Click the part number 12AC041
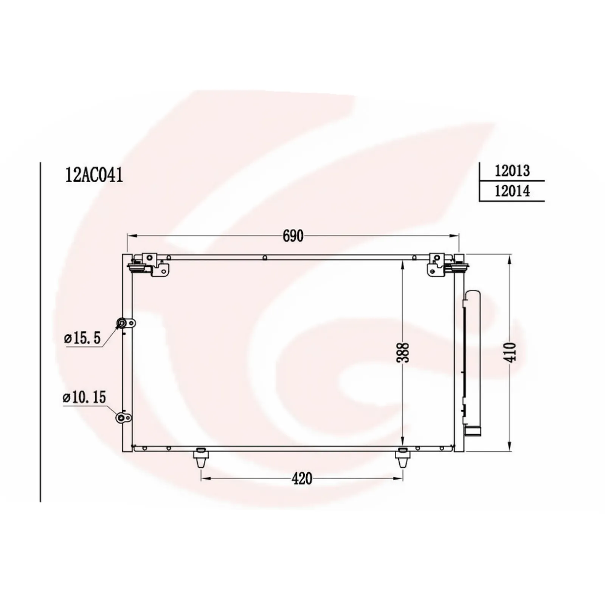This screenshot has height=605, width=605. (x=94, y=175)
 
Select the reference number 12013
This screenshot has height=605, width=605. (x=512, y=171)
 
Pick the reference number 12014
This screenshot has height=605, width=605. (x=512, y=191)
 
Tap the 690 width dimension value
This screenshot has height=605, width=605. (x=293, y=236)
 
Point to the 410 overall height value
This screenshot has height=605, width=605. (x=510, y=352)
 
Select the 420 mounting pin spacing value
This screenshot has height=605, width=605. (x=302, y=479)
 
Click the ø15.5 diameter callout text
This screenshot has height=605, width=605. (x=83, y=338)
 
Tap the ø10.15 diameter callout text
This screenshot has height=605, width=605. (x=85, y=397)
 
